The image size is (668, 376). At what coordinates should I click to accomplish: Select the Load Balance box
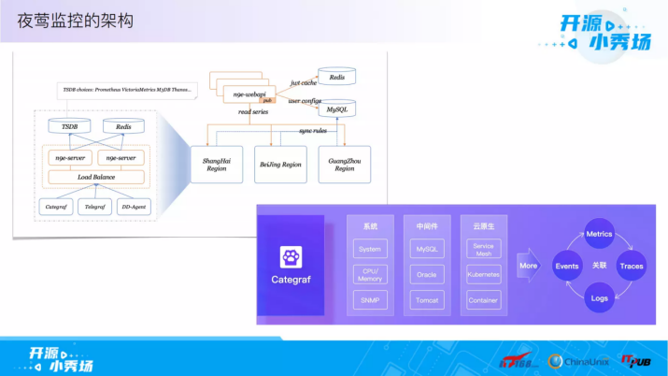[x=96, y=177]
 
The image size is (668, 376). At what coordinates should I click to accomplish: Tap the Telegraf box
[x=95, y=205]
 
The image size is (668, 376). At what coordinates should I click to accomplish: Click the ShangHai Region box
[x=216, y=165]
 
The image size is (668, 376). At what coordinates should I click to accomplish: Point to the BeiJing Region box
[x=280, y=165]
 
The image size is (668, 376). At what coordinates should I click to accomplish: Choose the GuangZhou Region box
[x=344, y=165]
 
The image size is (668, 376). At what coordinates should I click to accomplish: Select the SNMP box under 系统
[x=370, y=300]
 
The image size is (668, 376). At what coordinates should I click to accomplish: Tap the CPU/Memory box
[x=370, y=274]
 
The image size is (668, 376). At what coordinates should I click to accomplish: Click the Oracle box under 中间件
[x=426, y=274]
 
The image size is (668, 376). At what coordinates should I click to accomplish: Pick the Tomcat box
[x=426, y=300]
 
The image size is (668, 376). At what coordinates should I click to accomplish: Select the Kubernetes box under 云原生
[x=483, y=274]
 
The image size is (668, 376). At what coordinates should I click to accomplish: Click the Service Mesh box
[x=483, y=249]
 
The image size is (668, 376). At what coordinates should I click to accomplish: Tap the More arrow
[x=530, y=266]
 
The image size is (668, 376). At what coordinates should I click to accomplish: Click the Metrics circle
[x=599, y=234]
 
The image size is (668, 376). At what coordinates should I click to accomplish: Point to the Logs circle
[x=599, y=298]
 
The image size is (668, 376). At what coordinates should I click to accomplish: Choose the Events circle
[x=567, y=267]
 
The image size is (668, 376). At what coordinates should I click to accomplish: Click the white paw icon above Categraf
[x=290, y=256]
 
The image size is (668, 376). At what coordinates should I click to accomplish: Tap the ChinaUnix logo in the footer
[x=579, y=360]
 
